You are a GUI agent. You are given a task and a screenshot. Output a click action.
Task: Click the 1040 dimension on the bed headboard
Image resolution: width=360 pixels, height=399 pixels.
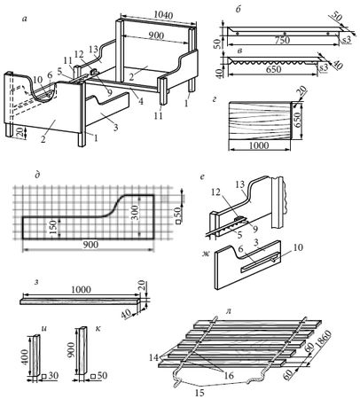click(163, 15)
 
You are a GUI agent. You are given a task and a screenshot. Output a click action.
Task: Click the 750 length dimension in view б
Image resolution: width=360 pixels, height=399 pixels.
click(283, 40)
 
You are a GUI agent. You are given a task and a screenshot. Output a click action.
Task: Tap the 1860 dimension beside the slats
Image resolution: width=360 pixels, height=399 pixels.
click(324, 340)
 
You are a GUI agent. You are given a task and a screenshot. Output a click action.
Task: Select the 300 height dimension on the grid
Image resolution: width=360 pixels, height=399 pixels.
click(136, 212)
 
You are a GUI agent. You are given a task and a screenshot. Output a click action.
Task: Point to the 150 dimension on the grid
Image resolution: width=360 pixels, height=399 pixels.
click(53, 227)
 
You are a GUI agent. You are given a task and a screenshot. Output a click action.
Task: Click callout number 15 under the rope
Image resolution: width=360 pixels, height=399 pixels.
click(200, 393)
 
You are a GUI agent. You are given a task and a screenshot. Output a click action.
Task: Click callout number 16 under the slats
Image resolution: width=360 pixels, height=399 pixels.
click(229, 375)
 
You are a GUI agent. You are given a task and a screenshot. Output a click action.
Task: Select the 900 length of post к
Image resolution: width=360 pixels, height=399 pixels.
click(71, 350)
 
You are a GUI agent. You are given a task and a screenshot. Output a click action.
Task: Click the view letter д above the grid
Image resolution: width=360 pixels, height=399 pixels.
click(37, 175)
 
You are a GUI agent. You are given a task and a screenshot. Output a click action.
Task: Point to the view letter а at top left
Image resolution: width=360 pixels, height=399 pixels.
click(25, 20)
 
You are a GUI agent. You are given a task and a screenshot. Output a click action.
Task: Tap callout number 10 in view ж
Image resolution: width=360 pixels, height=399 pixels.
click(298, 247)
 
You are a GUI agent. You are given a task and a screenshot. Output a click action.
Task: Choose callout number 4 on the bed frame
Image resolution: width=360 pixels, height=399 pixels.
click(141, 102)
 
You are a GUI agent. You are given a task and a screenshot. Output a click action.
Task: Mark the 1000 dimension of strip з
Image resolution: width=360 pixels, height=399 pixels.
click(82, 289)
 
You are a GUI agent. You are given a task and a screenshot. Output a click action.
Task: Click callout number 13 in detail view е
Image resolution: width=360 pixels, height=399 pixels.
click(240, 184)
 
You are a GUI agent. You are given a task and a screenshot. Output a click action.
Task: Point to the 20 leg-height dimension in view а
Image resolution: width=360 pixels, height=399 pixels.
click(20, 131)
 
